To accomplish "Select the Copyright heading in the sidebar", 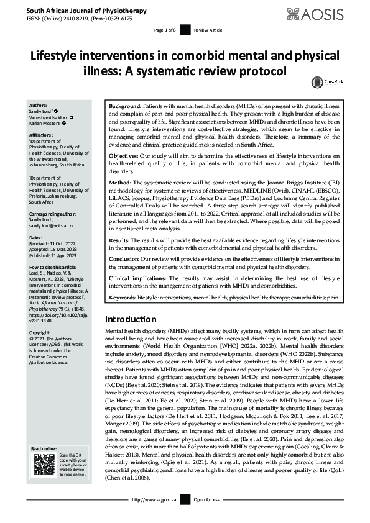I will (x=42, y=332).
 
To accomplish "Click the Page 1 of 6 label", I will (x=165, y=30).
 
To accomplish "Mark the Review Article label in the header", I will (x=206, y=30).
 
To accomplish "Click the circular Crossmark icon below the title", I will (x=317, y=81).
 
